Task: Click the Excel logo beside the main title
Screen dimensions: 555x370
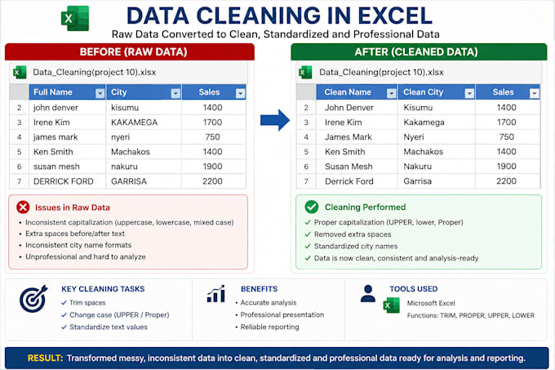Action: [x=75, y=18]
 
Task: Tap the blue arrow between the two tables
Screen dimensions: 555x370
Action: [x=275, y=120]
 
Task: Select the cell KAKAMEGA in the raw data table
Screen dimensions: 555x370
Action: [x=134, y=123]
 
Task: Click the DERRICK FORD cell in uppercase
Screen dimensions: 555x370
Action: [x=64, y=181]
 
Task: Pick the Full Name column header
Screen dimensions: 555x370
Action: [x=53, y=92]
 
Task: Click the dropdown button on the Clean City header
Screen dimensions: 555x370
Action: [x=469, y=93]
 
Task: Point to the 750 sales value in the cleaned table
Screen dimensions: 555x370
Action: [x=507, y=137]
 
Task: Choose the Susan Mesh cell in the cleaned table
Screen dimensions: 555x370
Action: [x=349, y=167]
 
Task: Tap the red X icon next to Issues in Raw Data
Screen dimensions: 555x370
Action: [x=23, y=207]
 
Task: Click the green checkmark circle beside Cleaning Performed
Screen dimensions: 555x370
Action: [x=312, y=207]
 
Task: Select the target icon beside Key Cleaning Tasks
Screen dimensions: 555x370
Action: [x=33, y=298]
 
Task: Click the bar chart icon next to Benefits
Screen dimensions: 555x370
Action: [x=216, y=294]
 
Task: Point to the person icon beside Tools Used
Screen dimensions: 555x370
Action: [x=368, y=293]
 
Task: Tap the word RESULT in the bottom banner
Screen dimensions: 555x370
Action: [x=45, y=358]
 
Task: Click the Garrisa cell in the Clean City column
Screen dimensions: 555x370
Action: [x=417, y=181]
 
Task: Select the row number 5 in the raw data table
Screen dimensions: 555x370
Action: [x=19, y=152]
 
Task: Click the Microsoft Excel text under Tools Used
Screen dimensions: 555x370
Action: [x=431, y=303]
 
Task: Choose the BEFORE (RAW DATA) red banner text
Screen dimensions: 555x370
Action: [x=133, y=52]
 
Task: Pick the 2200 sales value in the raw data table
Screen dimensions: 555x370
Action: [x=212, y=181]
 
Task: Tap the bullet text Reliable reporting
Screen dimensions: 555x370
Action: [x=269, y=327]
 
